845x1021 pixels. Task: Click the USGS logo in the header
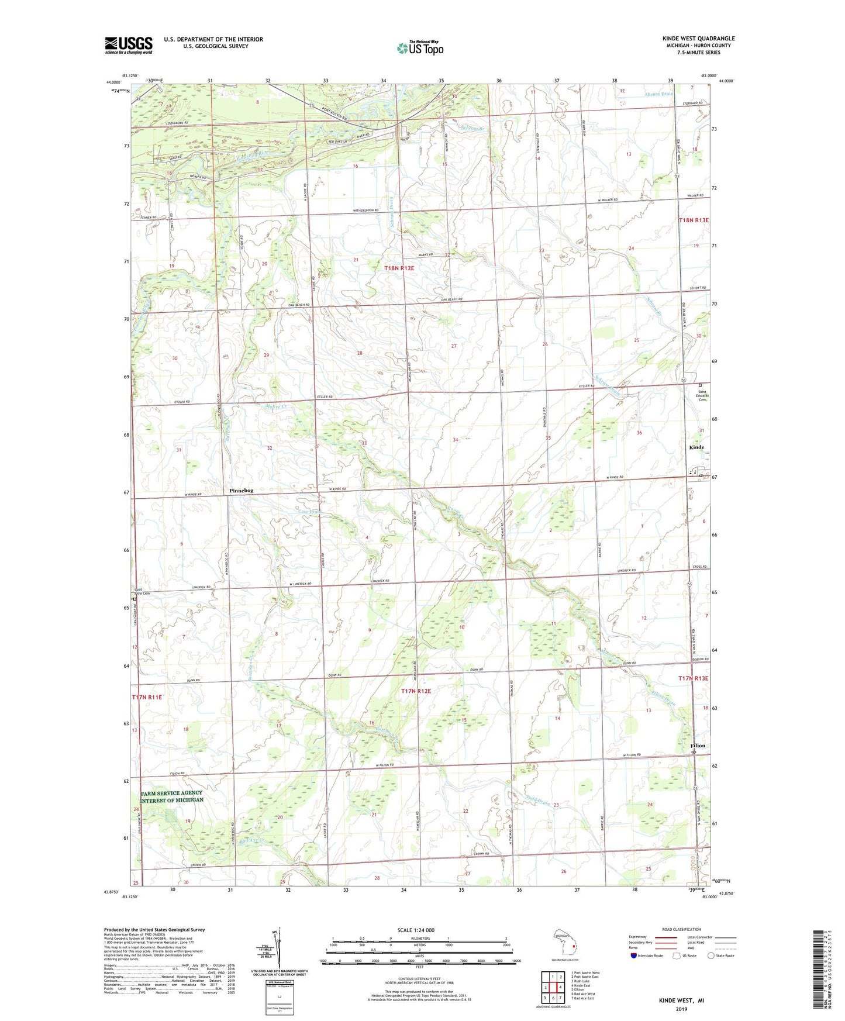pos(128,45)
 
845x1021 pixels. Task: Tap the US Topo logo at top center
pos(420,48)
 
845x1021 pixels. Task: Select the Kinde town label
pos(696,447)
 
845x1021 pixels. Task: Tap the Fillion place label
pos(698,746)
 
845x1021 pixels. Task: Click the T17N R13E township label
pos(693,678)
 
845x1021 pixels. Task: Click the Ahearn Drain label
pos(658,94)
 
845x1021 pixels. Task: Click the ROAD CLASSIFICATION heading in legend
pos(681,929)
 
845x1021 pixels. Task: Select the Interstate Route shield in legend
pos(634,956)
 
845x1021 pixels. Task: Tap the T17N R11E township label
pos(147,697)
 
